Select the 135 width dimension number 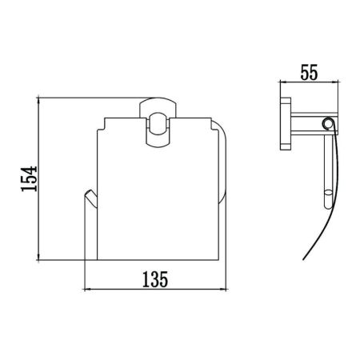tap(153, 280)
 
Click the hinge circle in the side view tap(326, 122)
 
